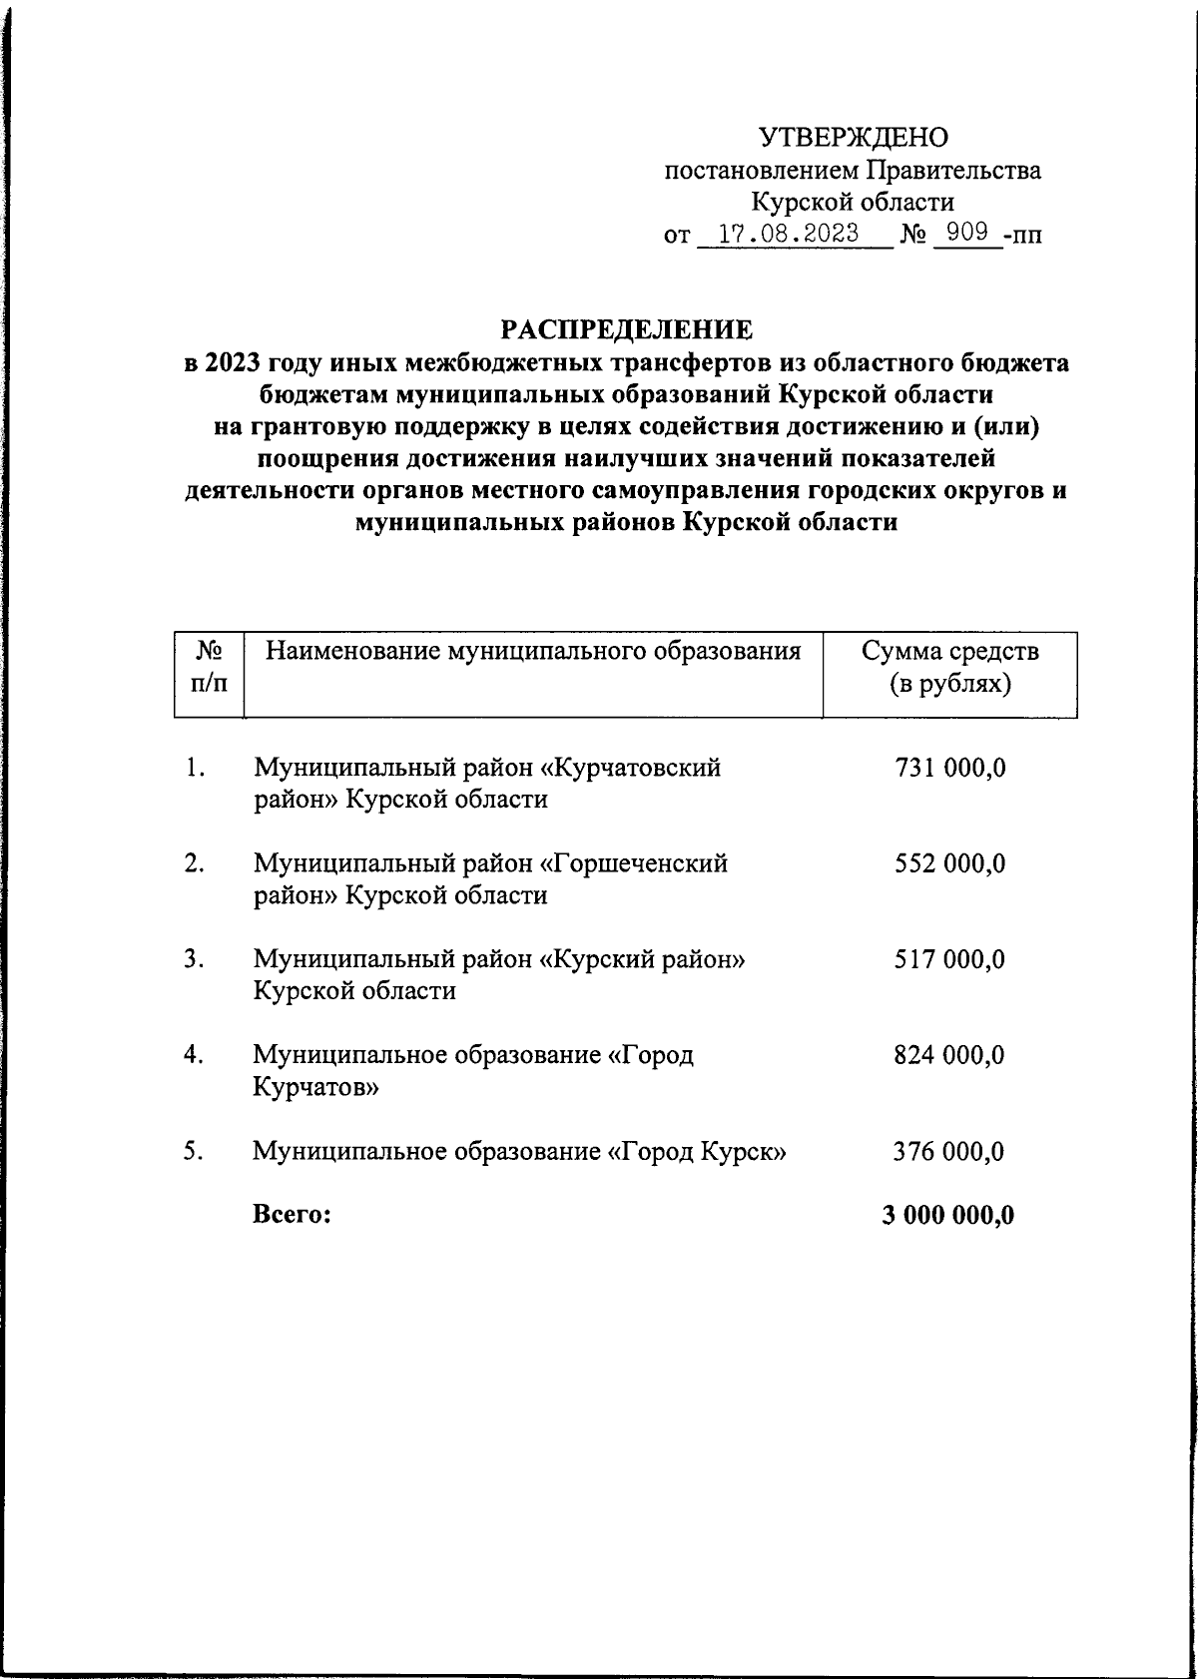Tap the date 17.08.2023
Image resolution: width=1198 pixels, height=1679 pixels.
pos(789,235)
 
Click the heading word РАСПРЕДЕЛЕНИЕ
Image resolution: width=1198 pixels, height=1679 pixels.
pos(627,328)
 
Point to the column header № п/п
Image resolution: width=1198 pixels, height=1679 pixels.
pos(209,668)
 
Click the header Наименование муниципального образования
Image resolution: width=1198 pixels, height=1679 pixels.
pos(533,653)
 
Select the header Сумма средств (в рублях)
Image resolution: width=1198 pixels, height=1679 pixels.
pos(949,668)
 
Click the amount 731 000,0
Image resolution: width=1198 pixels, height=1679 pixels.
pos(949,768)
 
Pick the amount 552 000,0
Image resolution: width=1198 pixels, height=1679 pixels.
pos(949,863)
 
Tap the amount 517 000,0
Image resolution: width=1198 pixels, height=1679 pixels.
pos(949,959)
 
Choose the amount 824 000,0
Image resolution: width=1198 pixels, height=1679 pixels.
pos(949,1055)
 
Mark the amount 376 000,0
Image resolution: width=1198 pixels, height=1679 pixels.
pos(949,1152)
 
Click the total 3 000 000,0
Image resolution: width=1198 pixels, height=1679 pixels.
pos(948,1215)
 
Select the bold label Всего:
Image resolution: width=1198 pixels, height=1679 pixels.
pos(292,1215)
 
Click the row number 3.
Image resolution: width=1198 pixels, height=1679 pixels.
pos(194,959)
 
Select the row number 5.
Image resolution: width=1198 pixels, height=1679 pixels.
pos(194,1152)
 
